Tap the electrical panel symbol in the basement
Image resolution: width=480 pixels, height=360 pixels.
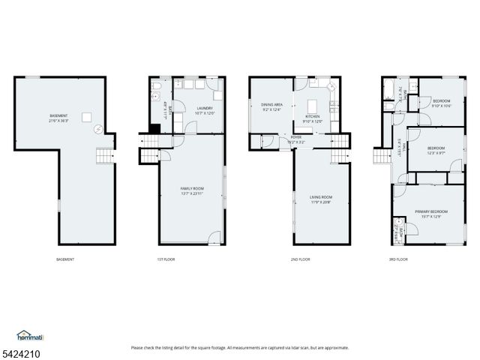point(97,130)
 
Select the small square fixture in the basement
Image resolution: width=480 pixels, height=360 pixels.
point(86,116)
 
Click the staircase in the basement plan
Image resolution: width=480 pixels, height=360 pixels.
point(103,156)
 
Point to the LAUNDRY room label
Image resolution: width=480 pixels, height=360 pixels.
point(205,109)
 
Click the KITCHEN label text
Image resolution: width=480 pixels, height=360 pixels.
point(312,117)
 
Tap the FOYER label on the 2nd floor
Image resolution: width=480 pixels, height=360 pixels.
point(297,137)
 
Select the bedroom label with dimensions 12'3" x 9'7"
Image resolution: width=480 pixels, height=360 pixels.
point(436,148)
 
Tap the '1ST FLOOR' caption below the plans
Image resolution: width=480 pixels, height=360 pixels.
point(166,259)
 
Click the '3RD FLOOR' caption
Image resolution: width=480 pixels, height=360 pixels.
point(397,259)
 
